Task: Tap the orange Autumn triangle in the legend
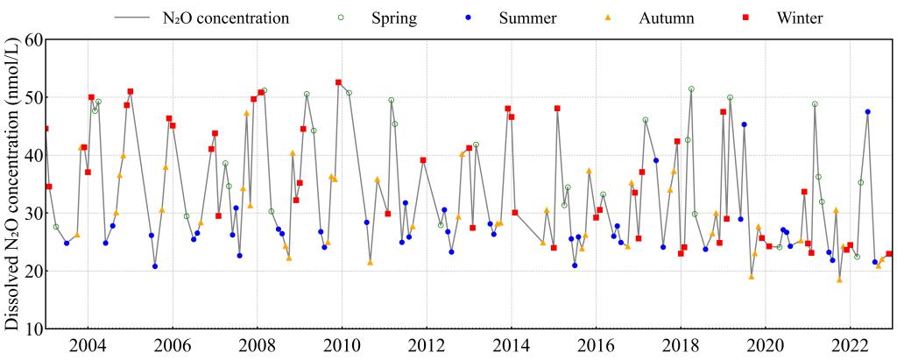point(606,18)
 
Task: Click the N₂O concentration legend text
point(225,18)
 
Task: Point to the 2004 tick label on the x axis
point(88,343)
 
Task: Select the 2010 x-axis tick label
point(342,343)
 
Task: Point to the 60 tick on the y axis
point(32,40)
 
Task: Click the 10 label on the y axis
point(32,329)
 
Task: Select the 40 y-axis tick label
point(32,156)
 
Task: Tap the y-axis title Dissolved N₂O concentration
point(12,184)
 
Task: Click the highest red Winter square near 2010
point(338,82)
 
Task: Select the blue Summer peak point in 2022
point(867,112)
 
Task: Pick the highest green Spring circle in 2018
point(691,89)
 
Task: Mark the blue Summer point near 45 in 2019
point(744,124)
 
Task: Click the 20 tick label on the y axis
point(32,272)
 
